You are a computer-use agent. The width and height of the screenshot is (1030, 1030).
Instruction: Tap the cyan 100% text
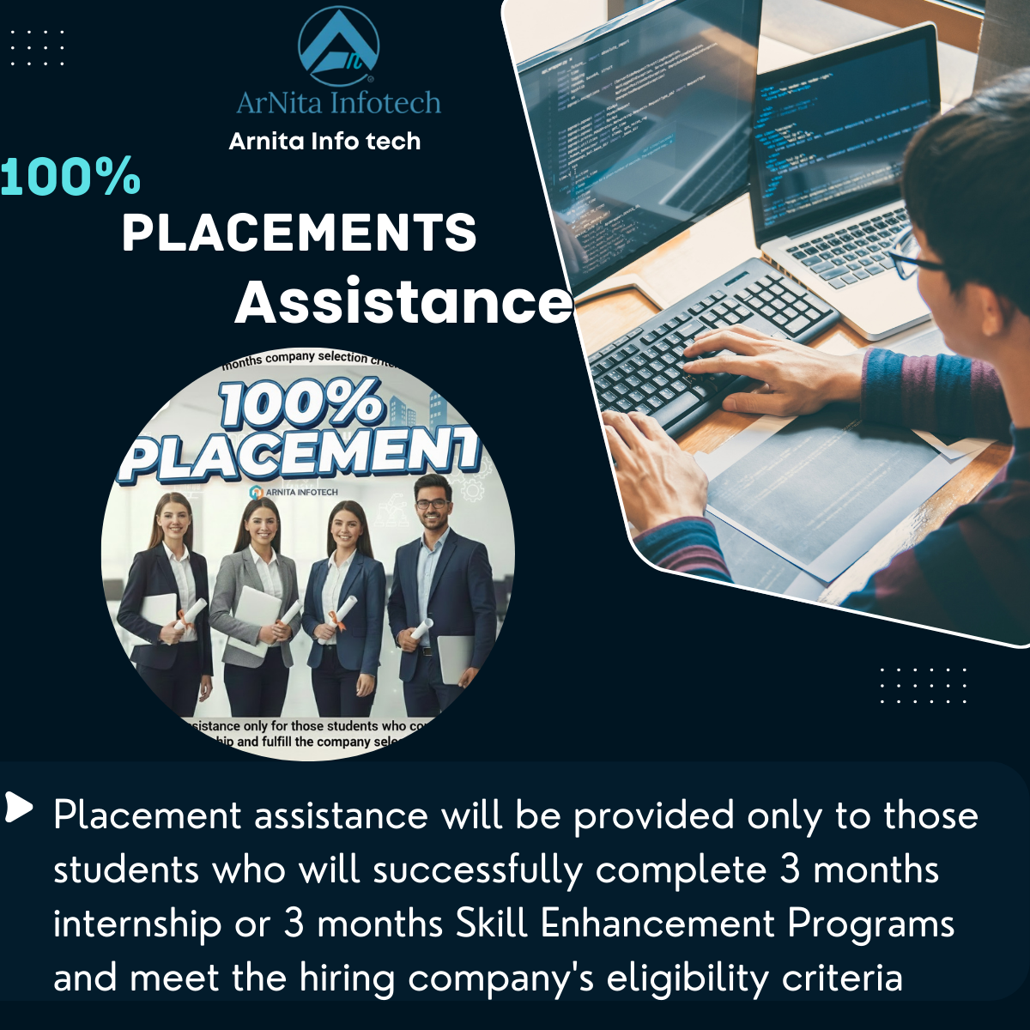(x=70, y=177)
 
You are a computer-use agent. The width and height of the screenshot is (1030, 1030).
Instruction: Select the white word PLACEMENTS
(x=299, y=233)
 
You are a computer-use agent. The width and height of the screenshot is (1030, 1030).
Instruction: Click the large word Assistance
(x=403, y=302)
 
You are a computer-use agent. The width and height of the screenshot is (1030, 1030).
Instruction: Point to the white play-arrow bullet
(x=18, y=807)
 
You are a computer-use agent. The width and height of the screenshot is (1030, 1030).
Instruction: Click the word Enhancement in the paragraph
(x=658, y=924)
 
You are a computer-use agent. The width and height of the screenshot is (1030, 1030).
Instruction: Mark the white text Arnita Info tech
(x=324, y=142)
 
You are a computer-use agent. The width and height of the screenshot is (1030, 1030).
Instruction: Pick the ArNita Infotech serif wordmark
(x=338, y=103)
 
